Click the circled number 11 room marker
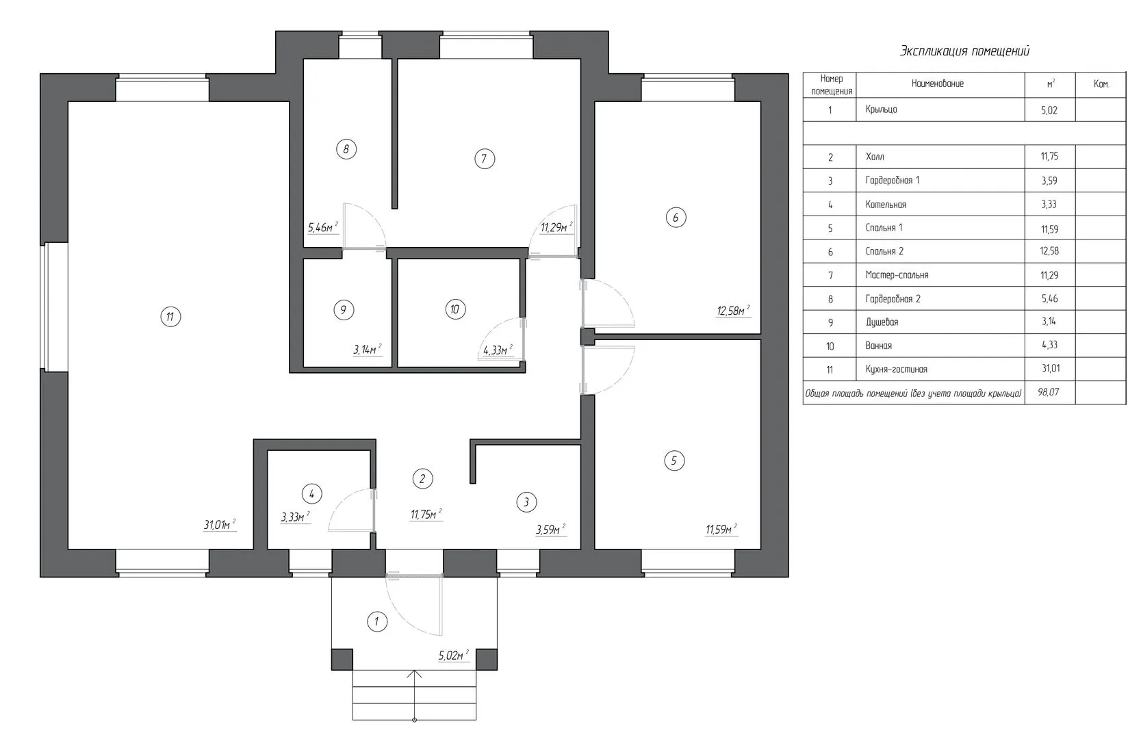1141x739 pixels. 170,317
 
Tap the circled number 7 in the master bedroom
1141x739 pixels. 485,158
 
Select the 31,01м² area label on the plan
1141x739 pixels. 220,525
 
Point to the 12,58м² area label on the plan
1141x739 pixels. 734,311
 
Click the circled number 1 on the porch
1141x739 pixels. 377,621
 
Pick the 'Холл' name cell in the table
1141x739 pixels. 875,157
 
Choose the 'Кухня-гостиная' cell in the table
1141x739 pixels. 896,369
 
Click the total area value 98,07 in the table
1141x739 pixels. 1048,392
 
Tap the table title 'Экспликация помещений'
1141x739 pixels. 965,51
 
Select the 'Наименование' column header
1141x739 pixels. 937,83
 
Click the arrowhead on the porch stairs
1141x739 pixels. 415,674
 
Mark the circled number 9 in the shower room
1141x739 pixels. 344,310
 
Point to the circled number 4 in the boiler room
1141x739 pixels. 311,493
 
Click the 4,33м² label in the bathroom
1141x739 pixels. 497,350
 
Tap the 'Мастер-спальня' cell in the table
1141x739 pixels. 897,275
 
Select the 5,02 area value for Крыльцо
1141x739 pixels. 1049,110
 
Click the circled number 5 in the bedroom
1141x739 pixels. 674,461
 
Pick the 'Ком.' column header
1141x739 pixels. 1101,84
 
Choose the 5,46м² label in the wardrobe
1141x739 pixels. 322,227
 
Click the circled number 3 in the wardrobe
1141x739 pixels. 526,502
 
